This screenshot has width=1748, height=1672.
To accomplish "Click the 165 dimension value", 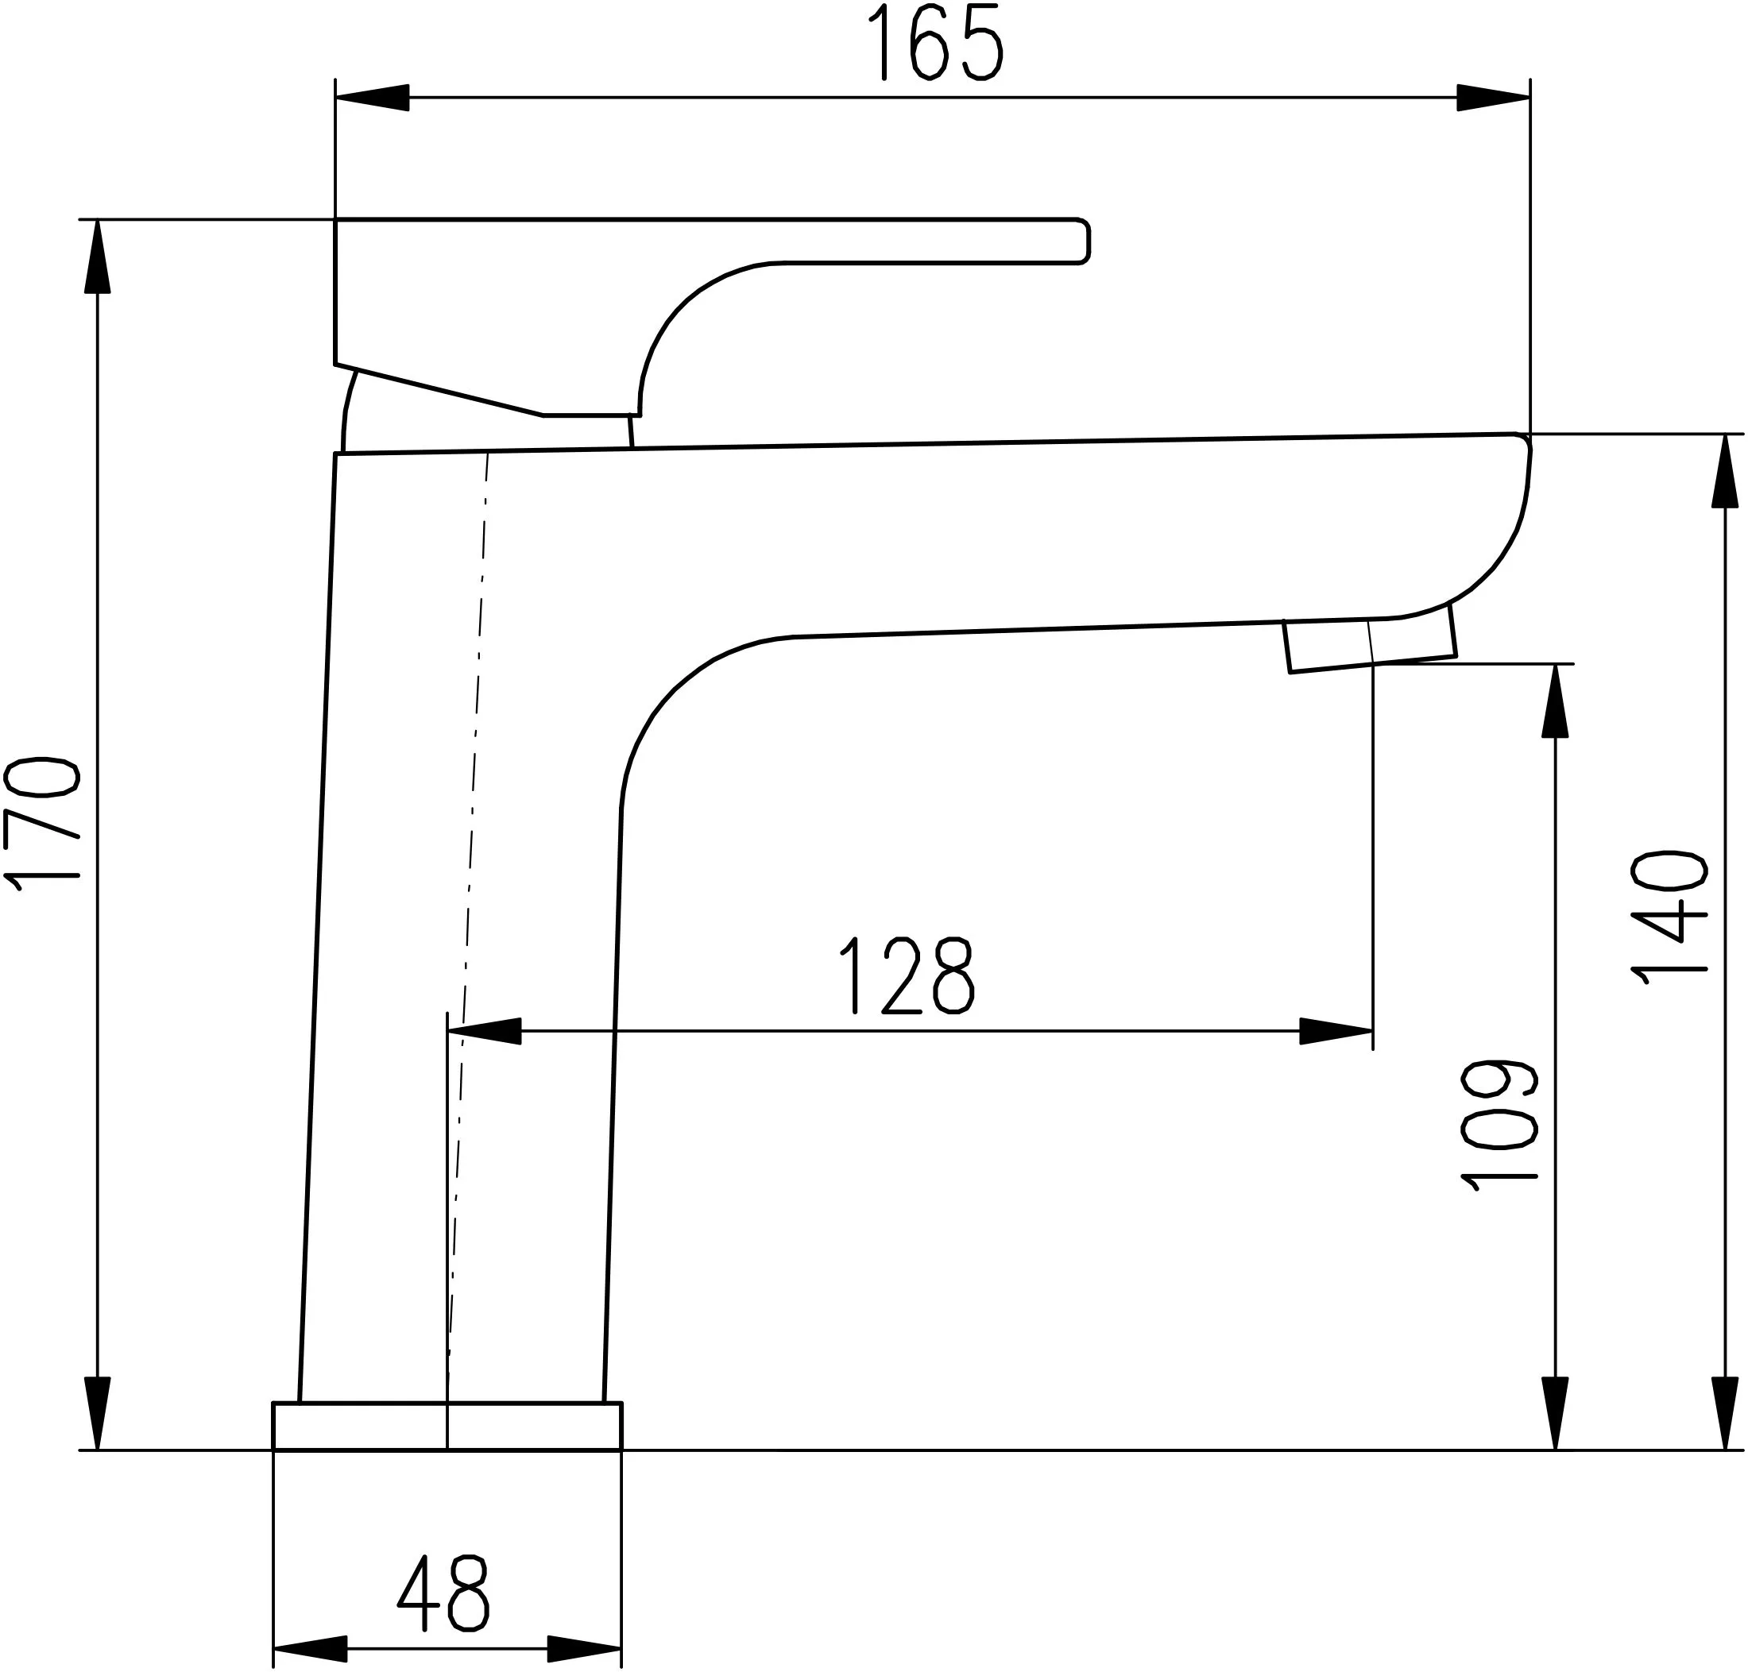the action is (936, 41).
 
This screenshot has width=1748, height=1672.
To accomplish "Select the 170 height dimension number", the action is (42, 824).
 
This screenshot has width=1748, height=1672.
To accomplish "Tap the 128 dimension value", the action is (907, 976).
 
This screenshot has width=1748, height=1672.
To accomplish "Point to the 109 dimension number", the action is (1500, 1126).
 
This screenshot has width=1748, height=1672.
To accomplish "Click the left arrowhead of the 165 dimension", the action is (372, 97).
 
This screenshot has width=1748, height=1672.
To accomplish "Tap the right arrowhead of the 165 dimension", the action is (1494, 97).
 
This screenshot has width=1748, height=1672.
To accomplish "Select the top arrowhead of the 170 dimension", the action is (97, 256).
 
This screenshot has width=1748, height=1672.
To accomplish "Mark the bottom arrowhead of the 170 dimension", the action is (97, 1414).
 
